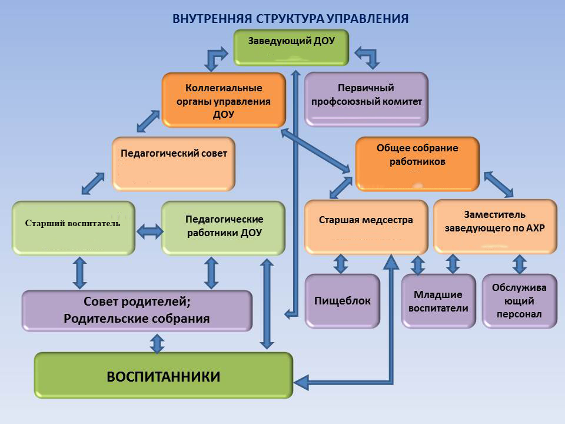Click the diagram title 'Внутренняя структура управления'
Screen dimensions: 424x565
(x=291, y=18)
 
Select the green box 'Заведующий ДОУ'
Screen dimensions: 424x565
(x=291, y=47)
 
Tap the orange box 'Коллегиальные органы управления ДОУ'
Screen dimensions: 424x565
(x=223, y=100)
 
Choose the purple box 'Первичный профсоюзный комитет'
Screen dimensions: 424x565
(x=365, y=99)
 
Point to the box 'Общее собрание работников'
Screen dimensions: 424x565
(x=417, y=162)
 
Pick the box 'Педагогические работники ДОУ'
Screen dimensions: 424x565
(x=224, y=227)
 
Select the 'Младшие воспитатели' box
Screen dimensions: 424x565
(x=438, y=301)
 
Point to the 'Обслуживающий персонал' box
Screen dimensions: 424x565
(x=519, y=301)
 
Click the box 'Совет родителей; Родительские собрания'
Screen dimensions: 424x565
(x=137, y=310)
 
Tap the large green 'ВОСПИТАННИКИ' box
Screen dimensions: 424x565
(x=163, y=376)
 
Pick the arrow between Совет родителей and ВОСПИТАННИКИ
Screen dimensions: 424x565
(x=157, y=342)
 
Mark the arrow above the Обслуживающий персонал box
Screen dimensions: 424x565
(x=519, y=264)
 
